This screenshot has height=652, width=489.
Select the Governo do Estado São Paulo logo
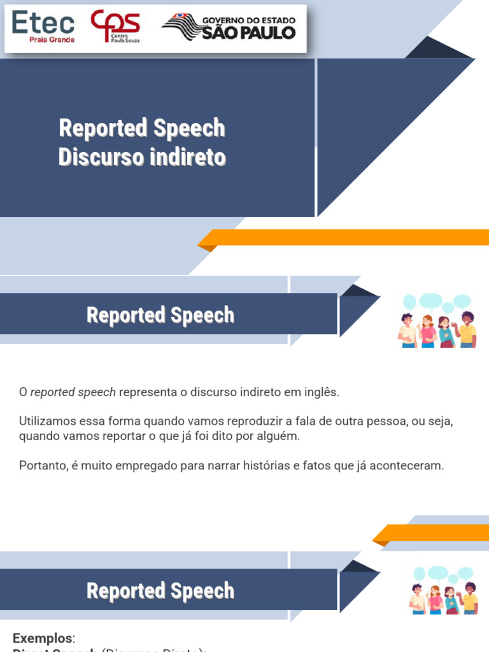230,27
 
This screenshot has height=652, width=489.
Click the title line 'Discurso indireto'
142,157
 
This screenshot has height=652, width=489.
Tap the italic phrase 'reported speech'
73,392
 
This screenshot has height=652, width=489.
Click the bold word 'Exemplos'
43,638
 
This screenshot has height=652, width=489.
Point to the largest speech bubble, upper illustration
431,301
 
